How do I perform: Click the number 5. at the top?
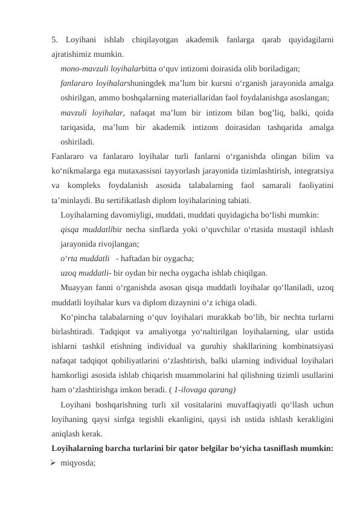tap(56, 40)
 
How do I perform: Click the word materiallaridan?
tap(200, 97)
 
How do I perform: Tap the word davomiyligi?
tap(137, 215)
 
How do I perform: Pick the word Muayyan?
tap(76, 287)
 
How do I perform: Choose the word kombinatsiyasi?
tap(304, 346)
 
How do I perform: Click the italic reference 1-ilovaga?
tap(191, 389)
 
